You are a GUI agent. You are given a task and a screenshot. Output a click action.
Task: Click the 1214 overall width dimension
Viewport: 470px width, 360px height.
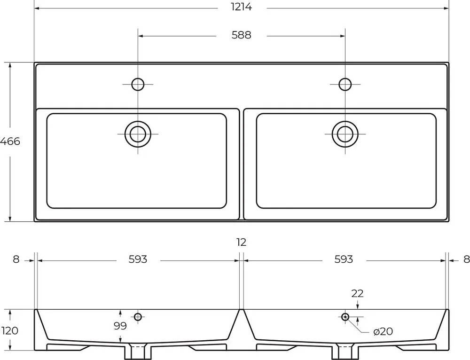coord(241,7)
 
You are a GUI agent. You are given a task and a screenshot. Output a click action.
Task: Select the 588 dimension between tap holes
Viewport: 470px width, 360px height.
coord(241,35)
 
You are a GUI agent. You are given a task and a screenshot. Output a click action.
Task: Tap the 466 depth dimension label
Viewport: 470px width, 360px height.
coord(10,141)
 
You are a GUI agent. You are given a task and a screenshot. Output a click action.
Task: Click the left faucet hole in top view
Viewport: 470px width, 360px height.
coord(138,85)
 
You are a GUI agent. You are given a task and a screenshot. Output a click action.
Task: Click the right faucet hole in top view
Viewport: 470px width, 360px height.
coord(345,85)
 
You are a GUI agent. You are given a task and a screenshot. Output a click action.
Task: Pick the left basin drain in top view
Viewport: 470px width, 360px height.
coord(138,134)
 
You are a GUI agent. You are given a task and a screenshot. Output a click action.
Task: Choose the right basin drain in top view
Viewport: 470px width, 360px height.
coord(345,134)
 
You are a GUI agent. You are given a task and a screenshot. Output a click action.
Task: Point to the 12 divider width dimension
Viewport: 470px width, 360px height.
coord(241,242)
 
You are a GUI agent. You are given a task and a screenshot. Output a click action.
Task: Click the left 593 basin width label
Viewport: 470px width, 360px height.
coord(138,259)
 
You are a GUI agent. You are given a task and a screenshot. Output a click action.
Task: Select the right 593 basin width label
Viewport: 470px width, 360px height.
coord(344,259)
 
